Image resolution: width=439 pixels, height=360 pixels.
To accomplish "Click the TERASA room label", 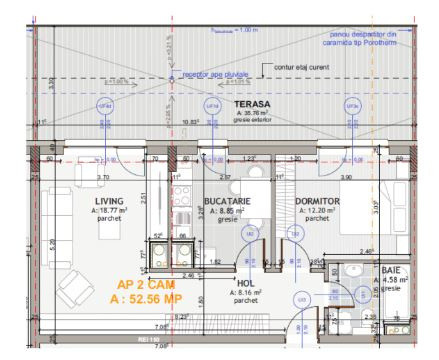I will [245, 104].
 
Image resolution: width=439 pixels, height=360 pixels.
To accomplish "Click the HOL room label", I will [245, 282].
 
